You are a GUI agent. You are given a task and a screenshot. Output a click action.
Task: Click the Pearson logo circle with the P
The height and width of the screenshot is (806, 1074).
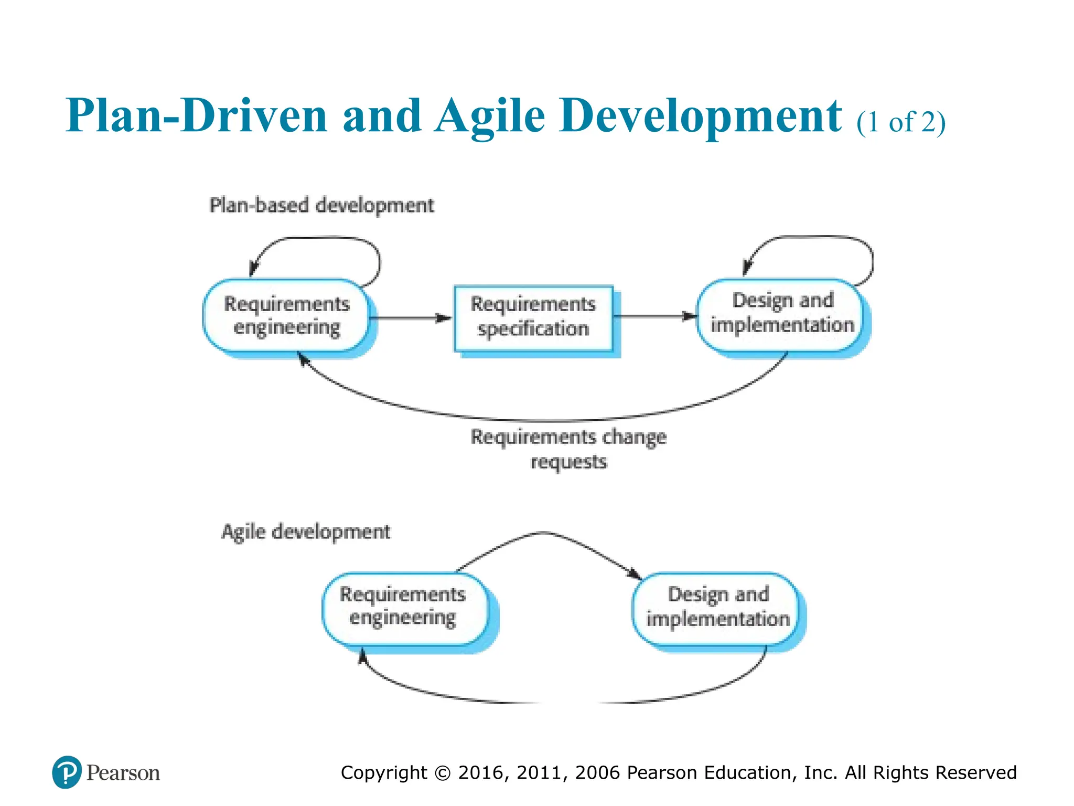tap(67, 772)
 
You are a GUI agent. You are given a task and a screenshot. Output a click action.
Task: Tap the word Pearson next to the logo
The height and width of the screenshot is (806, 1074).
tap(123, 773)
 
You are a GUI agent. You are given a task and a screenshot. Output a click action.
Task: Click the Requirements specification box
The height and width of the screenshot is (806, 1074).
tap(533, 317)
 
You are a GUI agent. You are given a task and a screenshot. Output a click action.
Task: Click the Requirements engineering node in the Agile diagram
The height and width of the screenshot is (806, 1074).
tap(403, 607)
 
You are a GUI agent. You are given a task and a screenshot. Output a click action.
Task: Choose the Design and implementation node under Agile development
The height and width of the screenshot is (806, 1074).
tap(717, 607)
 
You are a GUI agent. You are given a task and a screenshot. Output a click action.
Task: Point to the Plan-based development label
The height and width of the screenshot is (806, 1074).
tap(321, 205)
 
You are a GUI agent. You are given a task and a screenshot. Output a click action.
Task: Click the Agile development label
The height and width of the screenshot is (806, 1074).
tap(306, 532)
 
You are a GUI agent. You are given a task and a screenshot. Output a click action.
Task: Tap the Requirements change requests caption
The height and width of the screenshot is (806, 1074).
tap(568, 449)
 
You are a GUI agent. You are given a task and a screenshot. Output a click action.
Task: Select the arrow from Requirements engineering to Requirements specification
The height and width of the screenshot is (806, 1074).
tap(411, 318)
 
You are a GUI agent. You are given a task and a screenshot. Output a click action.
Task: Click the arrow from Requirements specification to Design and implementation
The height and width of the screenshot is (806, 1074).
tap(654, 316)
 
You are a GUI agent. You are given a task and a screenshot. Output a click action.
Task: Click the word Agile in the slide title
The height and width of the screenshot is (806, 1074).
tap(490, 116)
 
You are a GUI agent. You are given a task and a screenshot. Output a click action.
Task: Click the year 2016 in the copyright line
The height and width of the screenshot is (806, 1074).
tap(481, 772)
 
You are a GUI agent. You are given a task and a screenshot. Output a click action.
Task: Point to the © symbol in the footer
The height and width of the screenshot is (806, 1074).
tap(442, 773)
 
